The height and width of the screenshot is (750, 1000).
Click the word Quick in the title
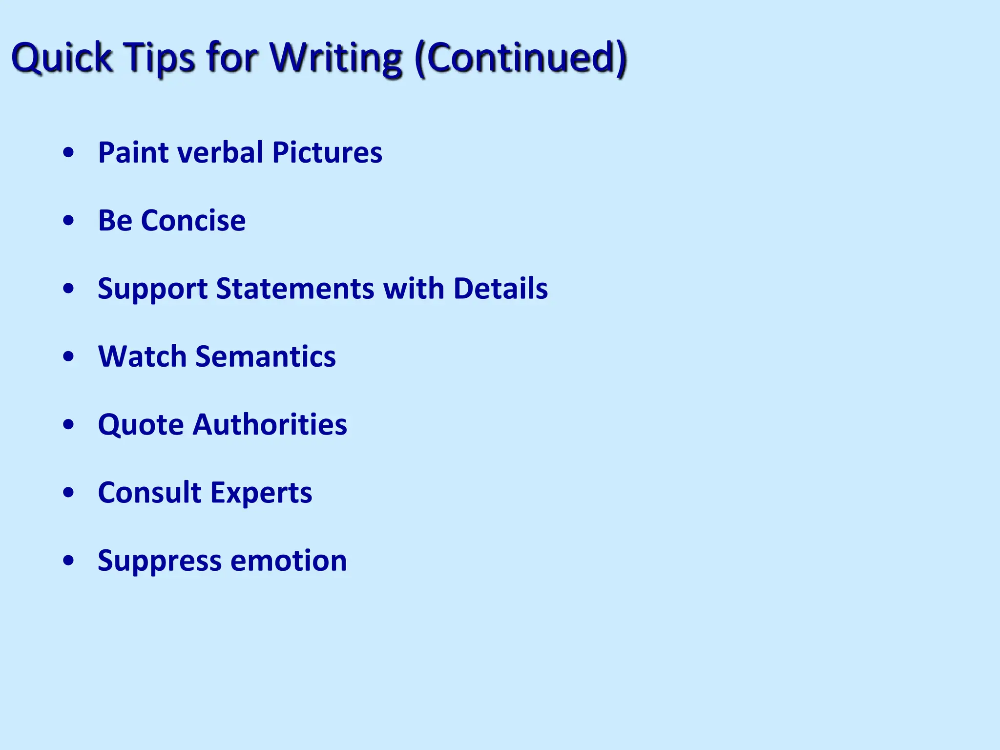coord(62,58)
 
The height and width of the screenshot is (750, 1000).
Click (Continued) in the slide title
coord(521,58)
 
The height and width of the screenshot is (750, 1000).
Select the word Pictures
coord(327,152)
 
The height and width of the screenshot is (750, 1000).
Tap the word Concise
coord(193,220)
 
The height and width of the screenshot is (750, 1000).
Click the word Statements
coord(295,288)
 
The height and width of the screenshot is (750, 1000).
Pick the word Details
coord(500,288)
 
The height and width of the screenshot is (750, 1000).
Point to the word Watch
coord(143,356)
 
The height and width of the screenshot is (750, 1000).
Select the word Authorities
coord(270,424)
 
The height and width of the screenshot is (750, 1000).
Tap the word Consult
coord(150,492)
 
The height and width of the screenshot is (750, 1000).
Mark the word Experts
coord(261,492)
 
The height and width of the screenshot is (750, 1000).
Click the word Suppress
coord(160,561)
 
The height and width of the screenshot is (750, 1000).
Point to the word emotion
coord(289,561)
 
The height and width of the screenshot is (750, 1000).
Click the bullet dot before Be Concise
coord(69,221)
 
